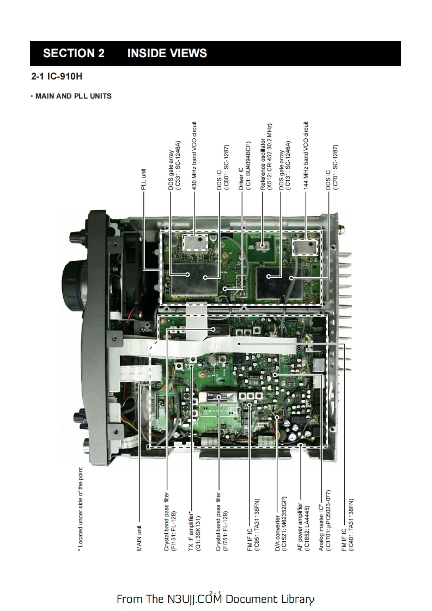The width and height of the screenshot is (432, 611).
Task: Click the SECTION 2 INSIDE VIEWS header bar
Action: [x=215, y=53]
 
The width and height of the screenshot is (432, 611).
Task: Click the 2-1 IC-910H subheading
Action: [x=60, y=77]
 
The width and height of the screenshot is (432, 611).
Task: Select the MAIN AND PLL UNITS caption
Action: [x=71, y=96]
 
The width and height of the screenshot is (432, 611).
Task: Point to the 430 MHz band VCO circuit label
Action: [x=194, y=156]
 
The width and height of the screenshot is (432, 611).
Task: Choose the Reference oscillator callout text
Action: [x=265, y=157]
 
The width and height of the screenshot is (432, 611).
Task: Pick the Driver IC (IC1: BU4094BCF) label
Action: [x=244, y=167]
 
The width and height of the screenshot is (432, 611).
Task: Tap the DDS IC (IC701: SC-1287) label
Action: [x=332, y=168]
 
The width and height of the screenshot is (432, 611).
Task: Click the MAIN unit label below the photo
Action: [x=139, y=538]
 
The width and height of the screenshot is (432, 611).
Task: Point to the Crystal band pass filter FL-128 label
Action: [x=169, y=523]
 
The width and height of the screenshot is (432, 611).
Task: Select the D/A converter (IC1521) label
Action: [x=280, y=525]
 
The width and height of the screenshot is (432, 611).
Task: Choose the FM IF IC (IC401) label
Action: [x=347, y=525]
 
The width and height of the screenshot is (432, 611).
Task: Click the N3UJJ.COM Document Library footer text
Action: [x=215, y=599]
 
